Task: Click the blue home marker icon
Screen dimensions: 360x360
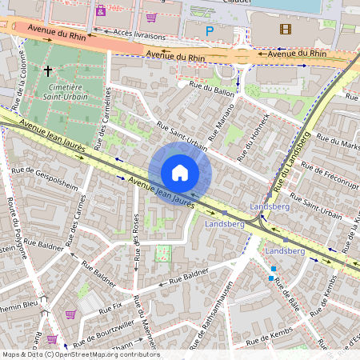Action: click(x=180, y=173)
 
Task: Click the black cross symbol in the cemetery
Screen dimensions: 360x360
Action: click(x=48, y=72)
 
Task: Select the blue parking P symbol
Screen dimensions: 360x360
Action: click(x=210, y=31)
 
